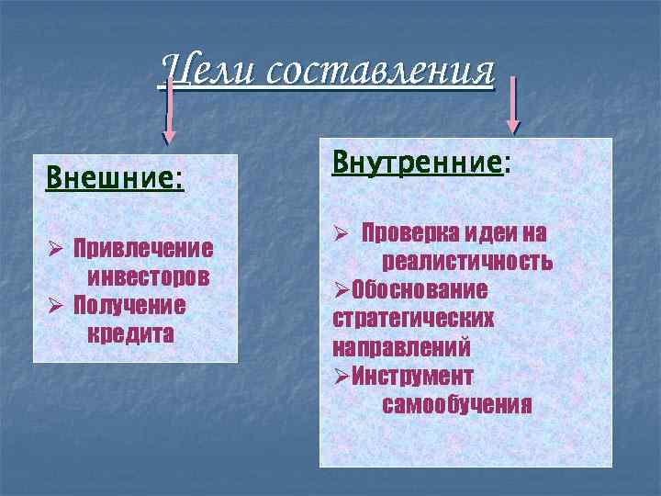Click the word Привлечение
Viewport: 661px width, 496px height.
(142, 248)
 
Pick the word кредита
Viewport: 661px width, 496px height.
(130, 333)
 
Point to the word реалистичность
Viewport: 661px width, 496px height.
(467, 262)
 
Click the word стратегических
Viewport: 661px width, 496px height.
(413, 319)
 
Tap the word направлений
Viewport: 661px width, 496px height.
(401, 347)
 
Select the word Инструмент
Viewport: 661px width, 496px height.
(412, 376)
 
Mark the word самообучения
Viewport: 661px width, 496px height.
(456, 404)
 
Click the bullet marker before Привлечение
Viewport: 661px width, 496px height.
(54, 249)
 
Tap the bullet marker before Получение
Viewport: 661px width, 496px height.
(54, 305)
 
